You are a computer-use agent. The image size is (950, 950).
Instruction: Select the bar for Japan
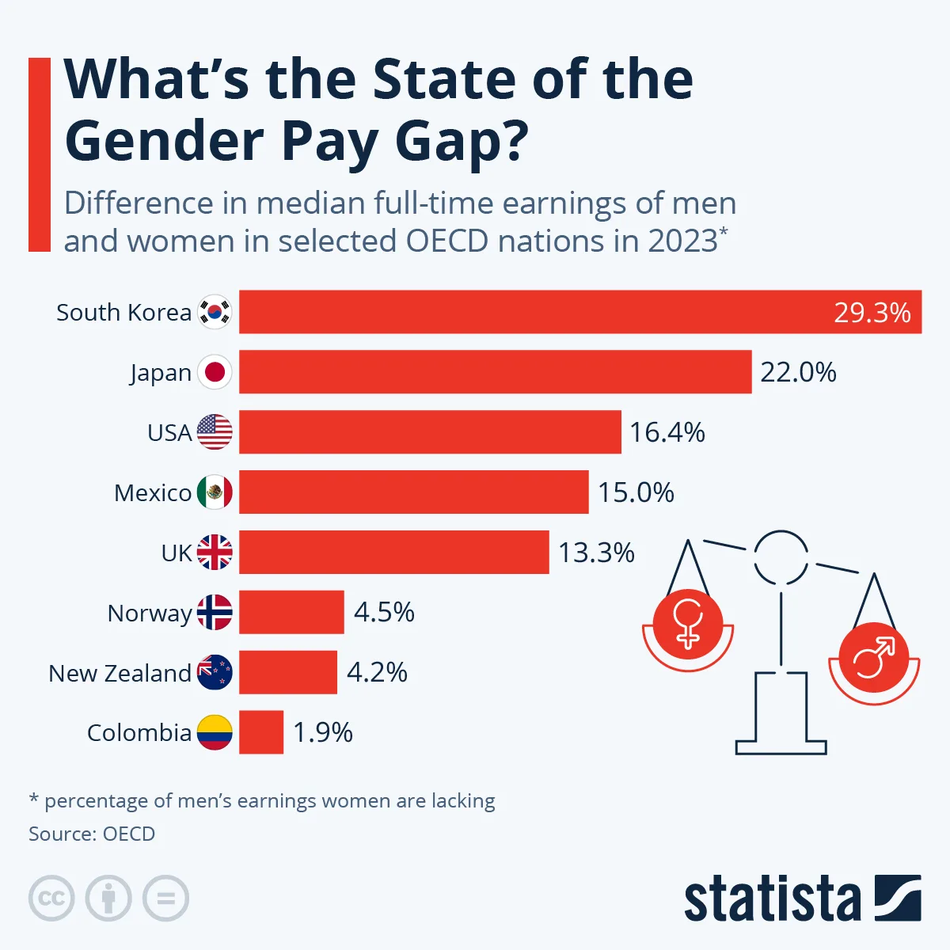[x=495, y=372]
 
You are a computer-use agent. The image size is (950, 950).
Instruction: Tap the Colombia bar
[x=261, y=732]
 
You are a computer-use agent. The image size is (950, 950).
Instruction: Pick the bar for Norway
[x=291, y=612]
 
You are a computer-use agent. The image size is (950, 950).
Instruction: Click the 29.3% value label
[x=872, y=313]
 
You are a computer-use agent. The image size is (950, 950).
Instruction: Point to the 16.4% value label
[x=667, y=432]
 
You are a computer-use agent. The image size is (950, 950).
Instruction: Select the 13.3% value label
[x=596, y=553]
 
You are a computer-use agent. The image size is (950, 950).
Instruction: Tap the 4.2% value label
[x=377, y=672]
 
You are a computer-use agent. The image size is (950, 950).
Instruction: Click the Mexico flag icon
[x=215, y=492]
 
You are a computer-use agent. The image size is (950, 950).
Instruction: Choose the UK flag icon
[x=215, y=553]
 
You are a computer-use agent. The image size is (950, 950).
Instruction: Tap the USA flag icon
[x=215, y=432]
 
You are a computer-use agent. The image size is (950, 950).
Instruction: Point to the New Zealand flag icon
[x=215, y=672]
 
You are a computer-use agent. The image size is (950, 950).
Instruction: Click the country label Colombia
[x=139, y=733]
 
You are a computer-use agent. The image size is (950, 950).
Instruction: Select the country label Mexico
[x=153, y=493]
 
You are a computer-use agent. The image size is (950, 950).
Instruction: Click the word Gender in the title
[x=164, y=141]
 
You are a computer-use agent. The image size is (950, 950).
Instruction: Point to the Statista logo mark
[x=898, y=898]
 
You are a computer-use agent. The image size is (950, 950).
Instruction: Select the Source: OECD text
[x=92, y=834]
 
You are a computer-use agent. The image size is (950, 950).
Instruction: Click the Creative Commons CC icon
[x=51, y=899]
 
